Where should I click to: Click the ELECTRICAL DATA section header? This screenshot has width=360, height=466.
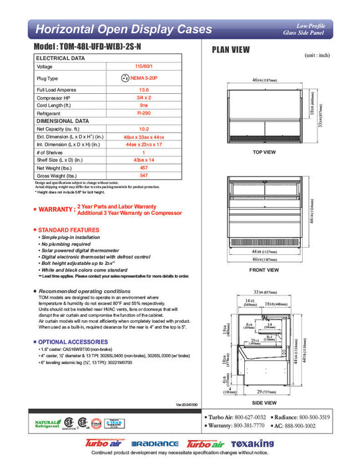point(61,59)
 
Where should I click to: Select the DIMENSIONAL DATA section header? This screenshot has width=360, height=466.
point(63,121)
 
